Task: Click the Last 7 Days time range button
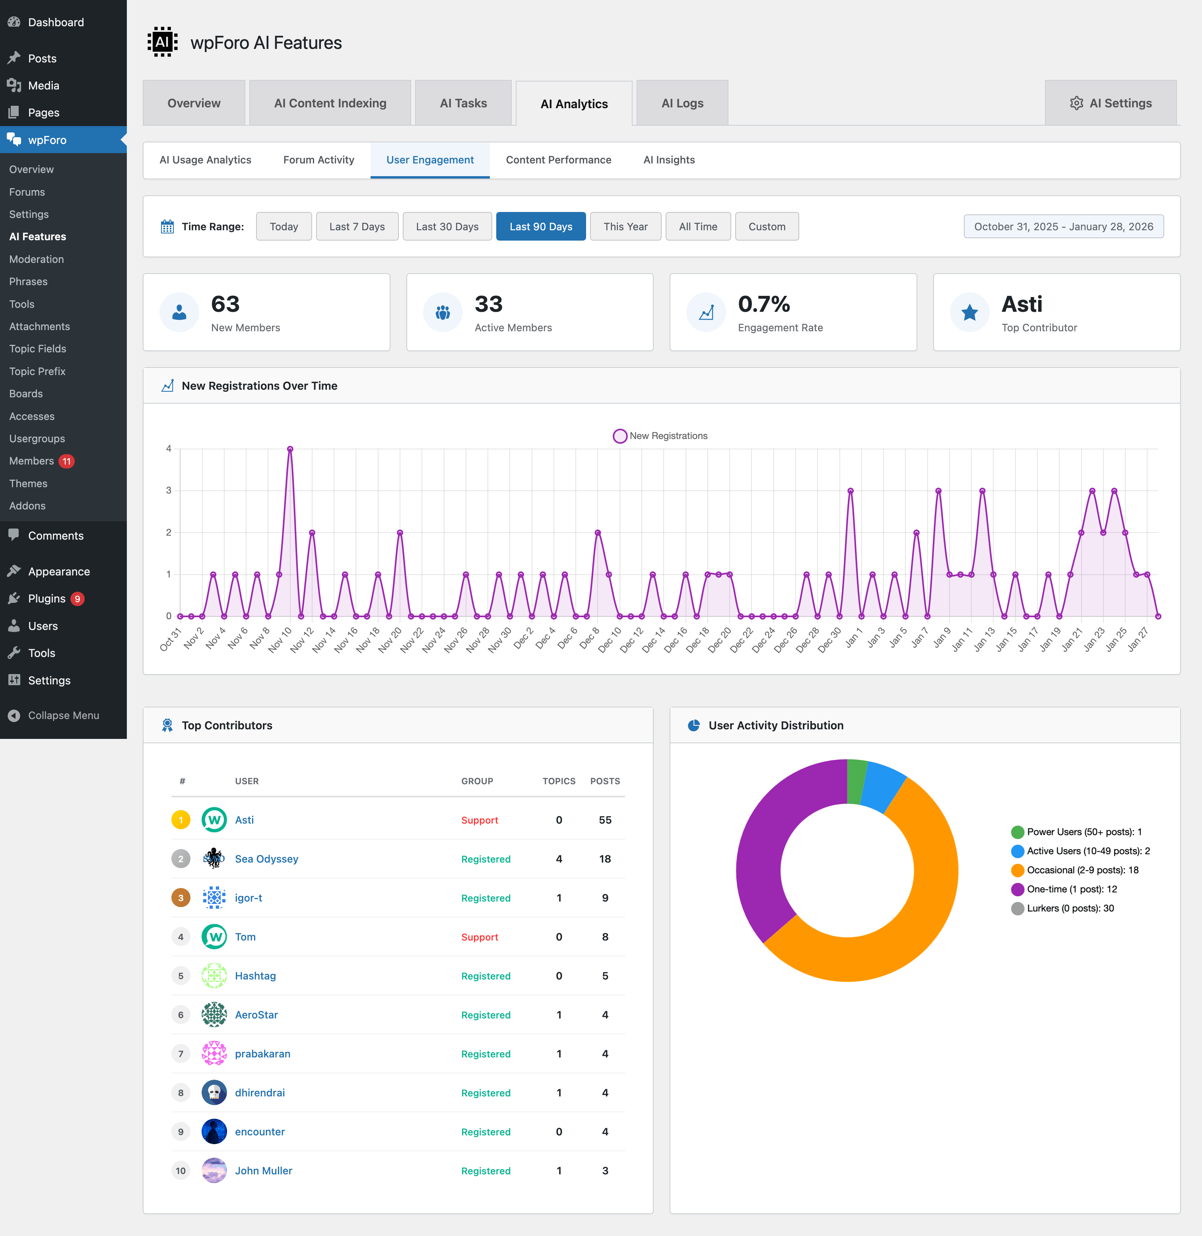coord(357,227)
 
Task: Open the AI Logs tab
coord(682,103)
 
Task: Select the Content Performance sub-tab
coord(558,160)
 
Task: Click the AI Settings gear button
coord(1111,103)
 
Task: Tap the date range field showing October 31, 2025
coord(1063,227)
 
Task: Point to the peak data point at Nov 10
coord(290,449)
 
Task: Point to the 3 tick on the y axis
coord(169,490)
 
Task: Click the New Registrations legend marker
coord(619,436)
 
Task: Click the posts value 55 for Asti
coord(605,820)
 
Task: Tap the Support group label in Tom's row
coord(479,937)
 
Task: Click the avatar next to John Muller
coord(214,1170)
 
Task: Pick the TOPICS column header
coord(559,781)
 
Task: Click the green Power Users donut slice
coord(857,781)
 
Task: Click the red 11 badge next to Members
coord(67,461)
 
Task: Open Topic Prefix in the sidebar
coord(37,371)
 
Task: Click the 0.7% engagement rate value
coord(763,304)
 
